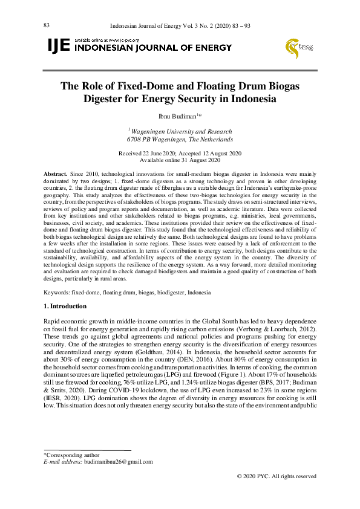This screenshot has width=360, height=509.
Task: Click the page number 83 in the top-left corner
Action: tap(46, 25)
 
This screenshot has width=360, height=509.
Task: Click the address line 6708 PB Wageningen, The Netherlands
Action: tap(180, 140)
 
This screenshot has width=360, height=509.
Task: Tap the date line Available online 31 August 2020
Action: tap(180, 160)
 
